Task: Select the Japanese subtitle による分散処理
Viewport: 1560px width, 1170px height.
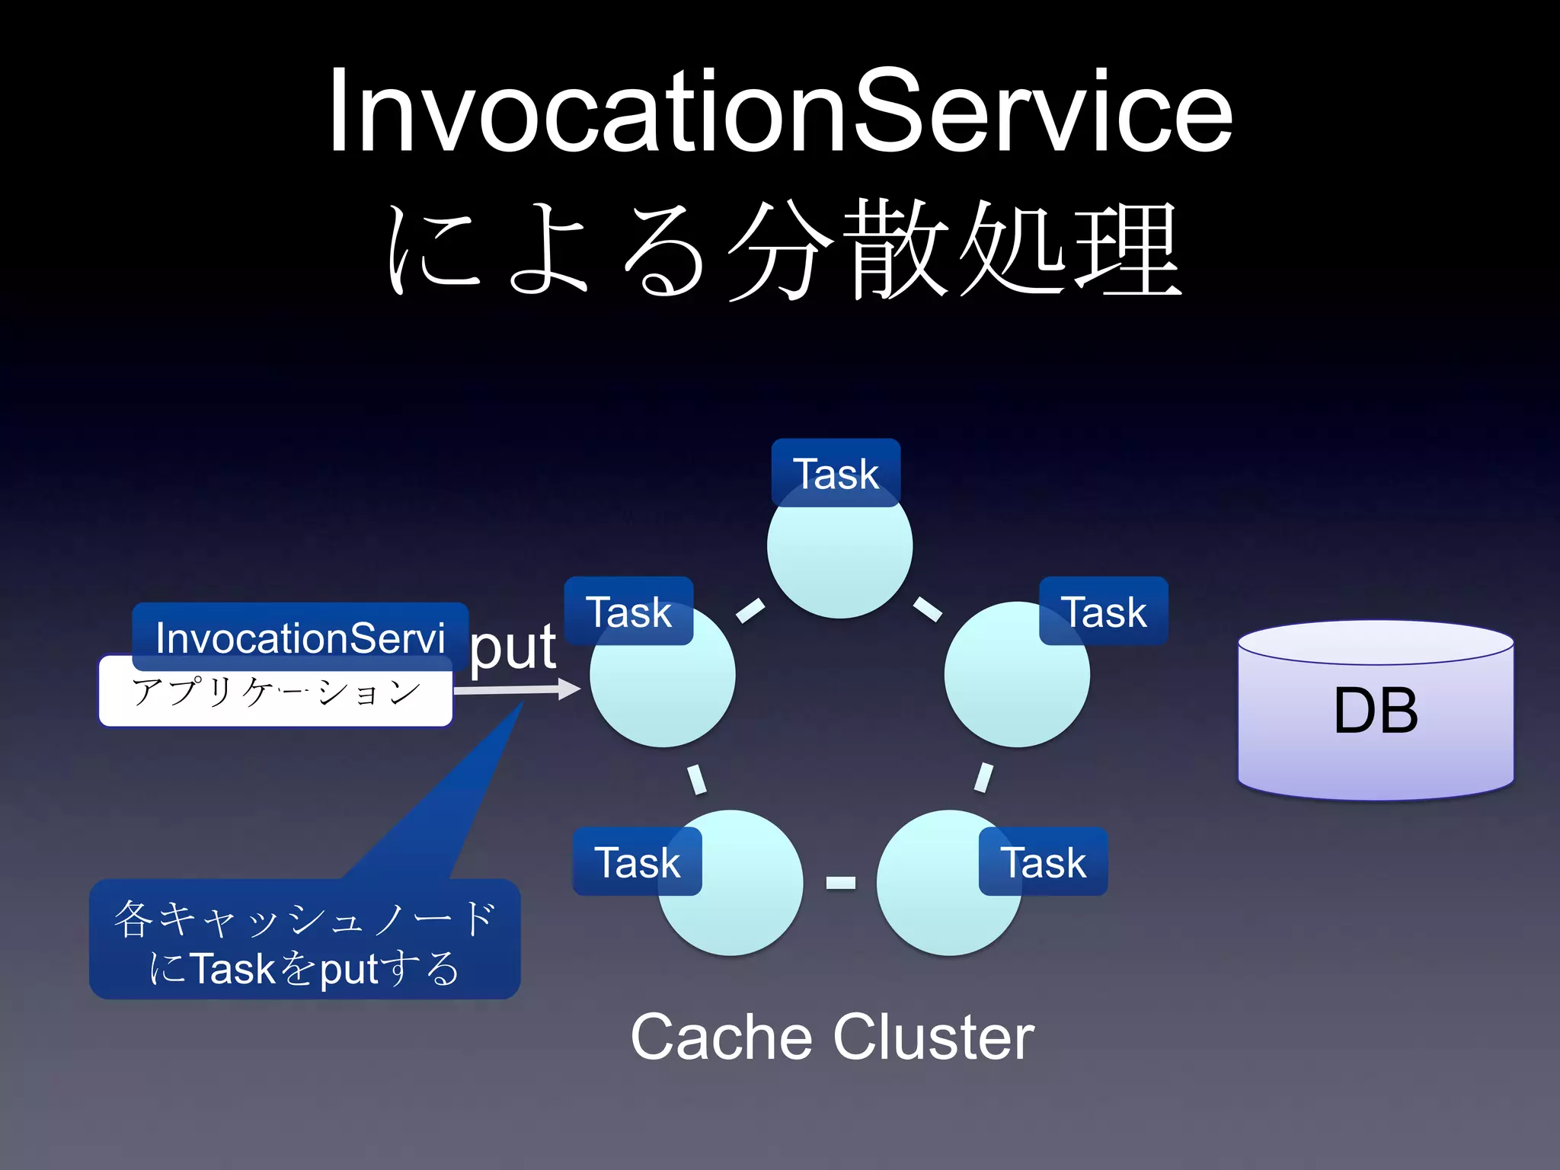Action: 785,250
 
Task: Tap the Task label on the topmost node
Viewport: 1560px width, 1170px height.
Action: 836,473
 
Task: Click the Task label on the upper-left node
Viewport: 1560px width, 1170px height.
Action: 628,612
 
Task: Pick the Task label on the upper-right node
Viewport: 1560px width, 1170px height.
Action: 1104,612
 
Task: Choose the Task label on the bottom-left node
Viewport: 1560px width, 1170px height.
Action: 637,862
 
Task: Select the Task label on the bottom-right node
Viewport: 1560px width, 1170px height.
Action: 1043,862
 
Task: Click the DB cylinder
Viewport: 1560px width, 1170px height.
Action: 1376,711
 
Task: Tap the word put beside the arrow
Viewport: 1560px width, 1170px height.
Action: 513,648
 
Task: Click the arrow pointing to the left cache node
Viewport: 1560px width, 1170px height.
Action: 518,690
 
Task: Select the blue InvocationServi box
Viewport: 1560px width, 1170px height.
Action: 300,637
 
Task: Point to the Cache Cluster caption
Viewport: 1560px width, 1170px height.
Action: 832,1037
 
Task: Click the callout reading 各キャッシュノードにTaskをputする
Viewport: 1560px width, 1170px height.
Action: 305,941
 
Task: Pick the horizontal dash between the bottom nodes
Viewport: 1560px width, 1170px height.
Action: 841,883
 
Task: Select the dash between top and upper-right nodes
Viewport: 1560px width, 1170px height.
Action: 927,609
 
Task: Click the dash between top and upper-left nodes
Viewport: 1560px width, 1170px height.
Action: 750,610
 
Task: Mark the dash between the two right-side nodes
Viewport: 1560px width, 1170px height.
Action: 983,778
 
